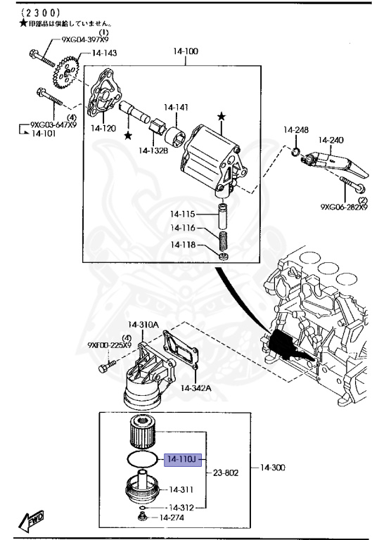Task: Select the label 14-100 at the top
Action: (186, 52)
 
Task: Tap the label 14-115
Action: (181, 214)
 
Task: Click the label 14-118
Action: (181, 245)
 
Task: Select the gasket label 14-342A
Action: (196, 388)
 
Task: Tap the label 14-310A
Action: (143, 325)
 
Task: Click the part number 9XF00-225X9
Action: (110, 345)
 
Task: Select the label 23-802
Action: (224, 473)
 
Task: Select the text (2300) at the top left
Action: (21, 13)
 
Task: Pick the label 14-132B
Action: (153, 149)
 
